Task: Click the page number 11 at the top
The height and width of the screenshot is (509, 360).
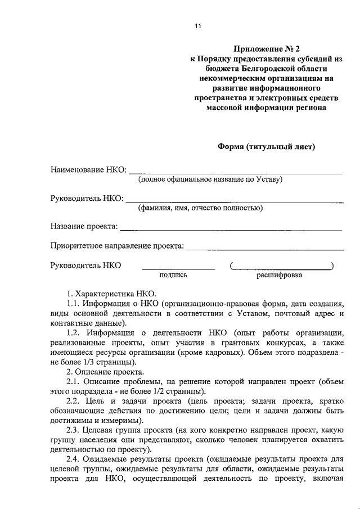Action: tap(197, 25)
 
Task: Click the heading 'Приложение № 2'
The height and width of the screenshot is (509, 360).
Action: tap(266, 49)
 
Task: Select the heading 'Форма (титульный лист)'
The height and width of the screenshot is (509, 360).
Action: tap(267, 147)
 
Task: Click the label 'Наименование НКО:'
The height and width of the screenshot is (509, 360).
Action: tap(88, 169)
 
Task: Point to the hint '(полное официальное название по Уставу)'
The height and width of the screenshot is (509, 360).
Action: tap(210, 180)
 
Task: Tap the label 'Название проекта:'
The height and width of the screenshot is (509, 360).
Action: tap(84, 227)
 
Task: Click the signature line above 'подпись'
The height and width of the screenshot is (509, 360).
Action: tap(178, 269)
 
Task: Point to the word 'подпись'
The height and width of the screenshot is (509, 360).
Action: tap(173, 276)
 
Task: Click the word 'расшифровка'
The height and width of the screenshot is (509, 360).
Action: tap(280, 276)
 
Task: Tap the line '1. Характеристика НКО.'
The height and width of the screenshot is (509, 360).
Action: tap(113, 294)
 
